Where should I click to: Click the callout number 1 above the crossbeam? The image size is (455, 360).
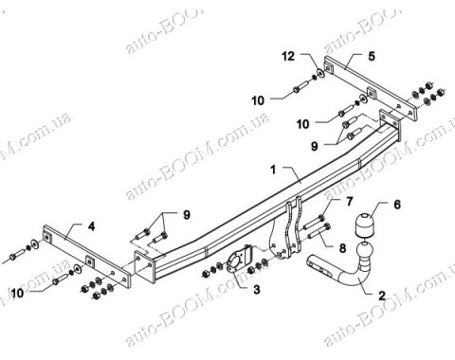click(x=272, y=171)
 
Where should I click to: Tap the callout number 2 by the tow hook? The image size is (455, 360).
click(x=381, y=297)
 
